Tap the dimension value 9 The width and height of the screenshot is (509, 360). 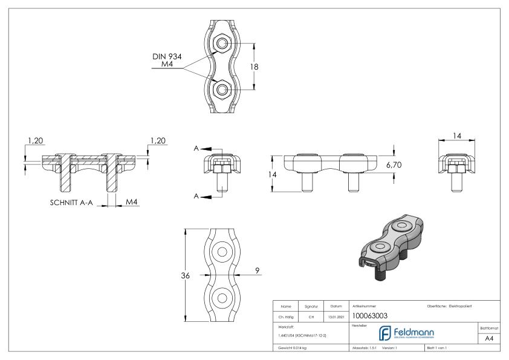tap(258, 270)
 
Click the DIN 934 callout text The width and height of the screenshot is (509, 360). tap(167, 56)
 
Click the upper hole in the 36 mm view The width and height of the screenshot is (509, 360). tap(222, 252)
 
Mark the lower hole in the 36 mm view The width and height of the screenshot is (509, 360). tap(222, 298)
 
